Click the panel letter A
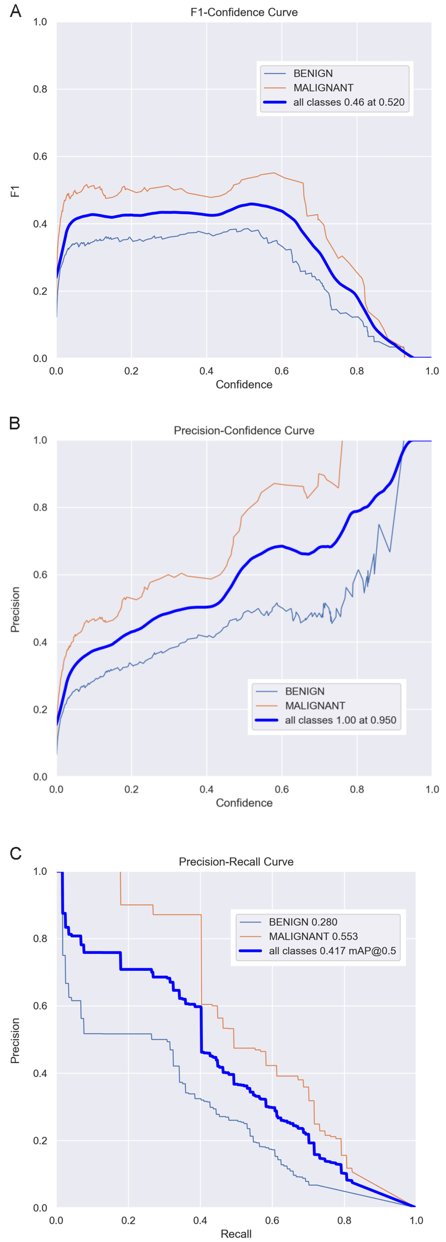(15, 11)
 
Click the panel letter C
(15, 853)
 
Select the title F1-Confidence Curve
(244, 13)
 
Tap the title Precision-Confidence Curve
(244, 431)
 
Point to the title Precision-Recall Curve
(236, 862)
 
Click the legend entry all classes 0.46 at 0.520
(349, 102)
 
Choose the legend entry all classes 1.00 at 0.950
(341, 720)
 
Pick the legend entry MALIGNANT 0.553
(313, 936)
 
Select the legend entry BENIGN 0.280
(303, 922)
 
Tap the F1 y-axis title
(15, 191)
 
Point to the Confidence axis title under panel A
(244, 384)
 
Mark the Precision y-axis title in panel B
(15, 609)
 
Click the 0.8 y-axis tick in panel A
(40, 89)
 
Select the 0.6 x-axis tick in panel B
(282, 789)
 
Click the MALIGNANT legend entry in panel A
(323, 88)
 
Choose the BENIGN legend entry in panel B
(304, 691)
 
